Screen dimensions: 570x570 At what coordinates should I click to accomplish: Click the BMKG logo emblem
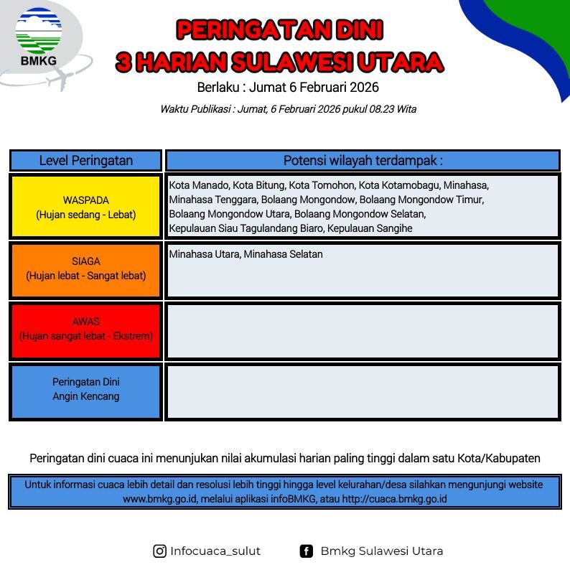coord(39,31)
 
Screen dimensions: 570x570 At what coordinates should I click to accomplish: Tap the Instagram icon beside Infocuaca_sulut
coord(159,551)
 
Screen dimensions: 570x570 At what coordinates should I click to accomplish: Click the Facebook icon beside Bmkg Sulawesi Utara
coord(306,551)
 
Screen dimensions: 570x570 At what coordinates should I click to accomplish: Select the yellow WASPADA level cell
coord(86,207)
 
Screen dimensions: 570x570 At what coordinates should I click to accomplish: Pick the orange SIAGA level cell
coord(86,270)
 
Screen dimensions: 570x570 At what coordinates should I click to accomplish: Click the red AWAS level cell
coord(86,331)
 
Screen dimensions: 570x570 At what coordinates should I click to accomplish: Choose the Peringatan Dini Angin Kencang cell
coord(86,392)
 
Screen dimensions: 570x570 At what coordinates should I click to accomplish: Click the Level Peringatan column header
coord(86,160)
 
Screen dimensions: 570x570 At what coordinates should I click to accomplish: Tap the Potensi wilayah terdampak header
coord(363,160)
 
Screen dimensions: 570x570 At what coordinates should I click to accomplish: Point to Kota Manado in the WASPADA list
coord(199,185)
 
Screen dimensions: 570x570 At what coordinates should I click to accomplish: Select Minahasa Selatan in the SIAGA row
coord(283,254)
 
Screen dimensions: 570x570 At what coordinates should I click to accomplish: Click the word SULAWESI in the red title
coord(292,62)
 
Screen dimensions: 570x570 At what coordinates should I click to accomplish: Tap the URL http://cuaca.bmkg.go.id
coord(394,499)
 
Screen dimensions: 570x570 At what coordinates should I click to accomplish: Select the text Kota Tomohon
coord(322,185)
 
